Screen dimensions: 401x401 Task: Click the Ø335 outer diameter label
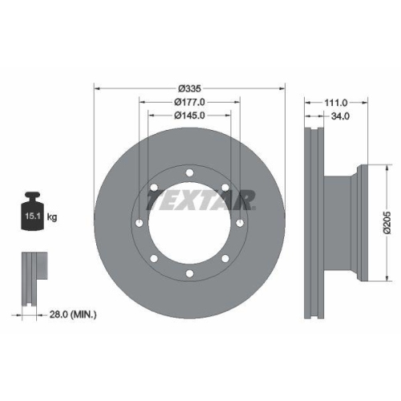pos(189,87)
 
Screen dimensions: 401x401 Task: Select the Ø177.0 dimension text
pos(190,101)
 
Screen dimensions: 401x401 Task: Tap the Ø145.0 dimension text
pos(190,115)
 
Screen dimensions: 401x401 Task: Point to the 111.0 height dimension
pos(336,102)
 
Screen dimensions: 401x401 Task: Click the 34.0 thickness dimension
pos(339,116)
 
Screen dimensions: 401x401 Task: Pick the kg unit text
pos(51,217)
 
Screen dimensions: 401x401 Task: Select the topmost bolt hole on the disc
pos(189,172)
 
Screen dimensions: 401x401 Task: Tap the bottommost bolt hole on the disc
pos(189,274)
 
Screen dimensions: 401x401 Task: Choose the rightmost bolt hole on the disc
pos(241,223)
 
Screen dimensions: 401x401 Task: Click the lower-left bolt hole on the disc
pos(153,259)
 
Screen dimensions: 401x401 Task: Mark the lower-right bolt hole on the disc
pos(225,259)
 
